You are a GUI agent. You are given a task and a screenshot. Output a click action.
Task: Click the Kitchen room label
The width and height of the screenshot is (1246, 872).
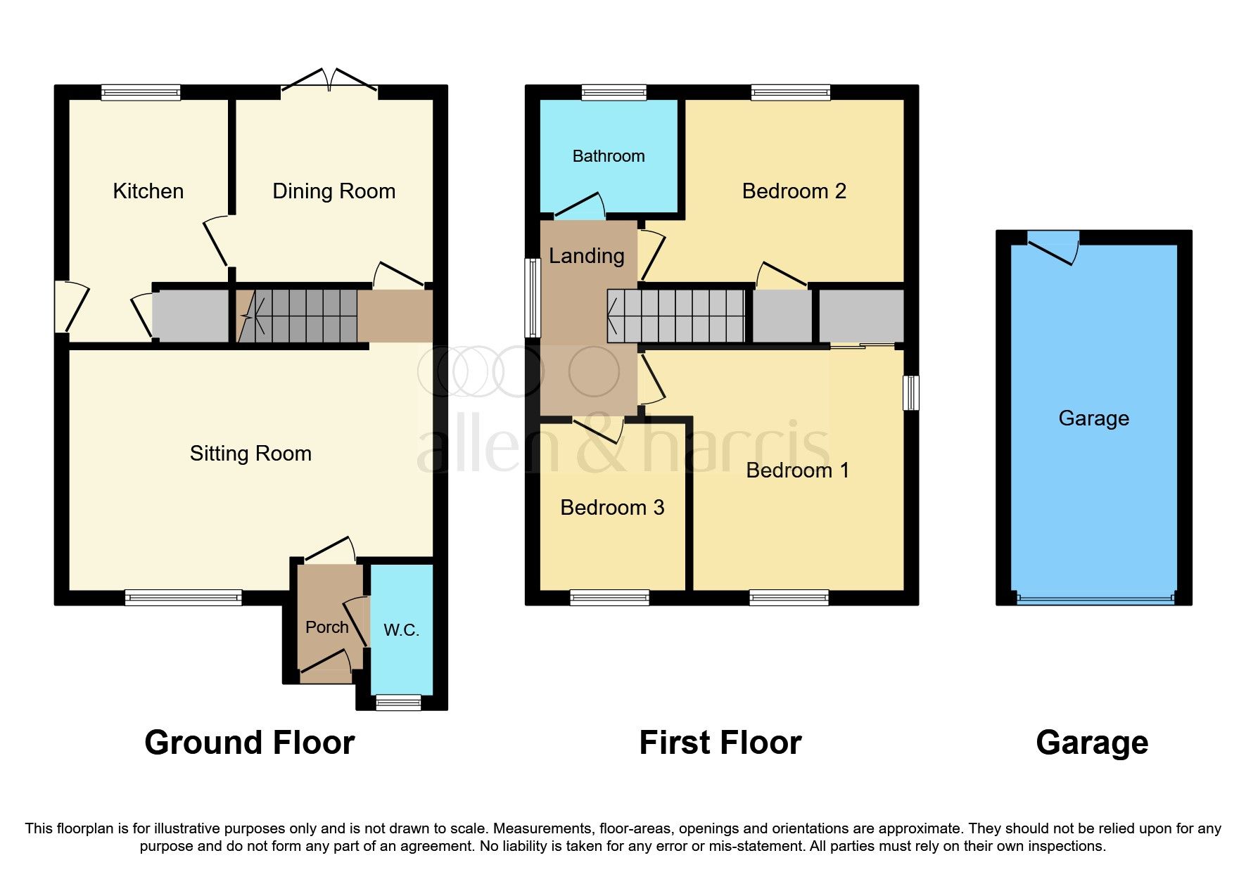point(148,191)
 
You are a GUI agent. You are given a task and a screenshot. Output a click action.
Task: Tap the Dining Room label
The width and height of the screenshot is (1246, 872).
point(333,191)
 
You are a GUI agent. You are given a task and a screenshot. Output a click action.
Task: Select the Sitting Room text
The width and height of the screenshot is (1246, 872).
point(250,454)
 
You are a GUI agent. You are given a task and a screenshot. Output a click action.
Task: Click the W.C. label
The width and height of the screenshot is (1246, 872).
point(401,630)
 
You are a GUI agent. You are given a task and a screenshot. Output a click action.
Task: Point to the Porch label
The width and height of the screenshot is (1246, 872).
point(326,627)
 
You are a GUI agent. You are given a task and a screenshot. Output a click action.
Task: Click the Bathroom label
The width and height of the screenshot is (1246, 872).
point(608,156)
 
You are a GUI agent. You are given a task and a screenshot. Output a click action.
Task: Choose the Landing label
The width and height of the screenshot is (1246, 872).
point(586,256)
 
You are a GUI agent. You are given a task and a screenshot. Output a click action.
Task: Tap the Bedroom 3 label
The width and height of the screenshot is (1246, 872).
point(611,508)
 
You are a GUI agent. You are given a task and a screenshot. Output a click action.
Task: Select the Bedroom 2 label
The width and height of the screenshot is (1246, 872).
point(794,191)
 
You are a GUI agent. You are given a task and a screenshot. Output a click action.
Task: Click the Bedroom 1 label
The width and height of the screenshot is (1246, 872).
point(797,470)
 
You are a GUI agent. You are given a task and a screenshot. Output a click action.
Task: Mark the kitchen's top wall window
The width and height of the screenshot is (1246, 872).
point(141,92)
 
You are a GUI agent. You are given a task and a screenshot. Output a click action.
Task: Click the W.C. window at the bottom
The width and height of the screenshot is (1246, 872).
point(398,702)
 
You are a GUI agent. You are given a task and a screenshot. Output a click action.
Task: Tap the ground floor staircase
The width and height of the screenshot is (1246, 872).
point(299,316)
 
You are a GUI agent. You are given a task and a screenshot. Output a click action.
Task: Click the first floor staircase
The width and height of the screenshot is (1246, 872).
point(676,316)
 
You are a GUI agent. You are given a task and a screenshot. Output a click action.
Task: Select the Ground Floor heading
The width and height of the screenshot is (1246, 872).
point(249,743)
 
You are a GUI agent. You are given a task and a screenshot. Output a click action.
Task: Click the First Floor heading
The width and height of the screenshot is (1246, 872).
point(720,743)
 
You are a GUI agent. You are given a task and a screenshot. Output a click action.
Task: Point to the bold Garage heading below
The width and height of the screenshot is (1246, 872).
point(1092,743)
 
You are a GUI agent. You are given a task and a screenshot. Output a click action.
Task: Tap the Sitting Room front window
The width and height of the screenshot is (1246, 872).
point(184,598)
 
